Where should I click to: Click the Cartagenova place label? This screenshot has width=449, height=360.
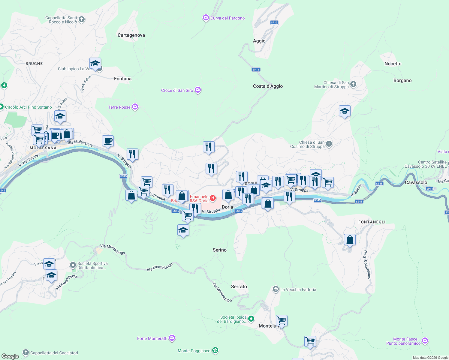pyautogui.click(x=131, y=35)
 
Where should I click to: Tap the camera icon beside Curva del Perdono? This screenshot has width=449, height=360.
pyautogui.click(x=206, y=18)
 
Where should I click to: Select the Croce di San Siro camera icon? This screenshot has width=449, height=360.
pyautogui.click(x=197, y=90)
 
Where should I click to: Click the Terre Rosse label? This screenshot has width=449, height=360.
pyautogui.click(x=119, y=107)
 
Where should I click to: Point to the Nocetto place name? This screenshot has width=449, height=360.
pyautogui.click(x=393, y=64)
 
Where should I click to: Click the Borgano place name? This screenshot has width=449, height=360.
pyautogui.click(x=402, y=80)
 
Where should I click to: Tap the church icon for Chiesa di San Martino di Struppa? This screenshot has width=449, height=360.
pyautogui.click(x=353, y=84)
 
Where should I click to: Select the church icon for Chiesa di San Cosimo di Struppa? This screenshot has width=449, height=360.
pyautogui.click(x=329, y=144)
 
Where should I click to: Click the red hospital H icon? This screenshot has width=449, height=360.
pyautogui.click(x=212, y=198)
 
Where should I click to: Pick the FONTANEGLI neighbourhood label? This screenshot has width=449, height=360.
pyautogui.click(x=372, y=222)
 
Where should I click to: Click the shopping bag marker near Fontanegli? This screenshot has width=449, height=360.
pyautogui.click(x=350, y=240)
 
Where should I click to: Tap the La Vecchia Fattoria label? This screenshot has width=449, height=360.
pyautogui.click(x=298, y=289)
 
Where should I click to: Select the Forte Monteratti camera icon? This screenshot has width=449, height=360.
pyautogui.click(x=172, y=338)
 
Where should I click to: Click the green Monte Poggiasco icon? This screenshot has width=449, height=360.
pyautogui.click(x=215, y=350)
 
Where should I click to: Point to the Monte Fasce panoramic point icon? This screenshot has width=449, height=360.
pyautogui.click(x=425, y=341)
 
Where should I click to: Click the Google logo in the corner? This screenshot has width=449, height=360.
pyautogui.click(x=10, y=356)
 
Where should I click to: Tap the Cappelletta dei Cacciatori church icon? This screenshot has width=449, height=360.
pyautogui.click(x=26, y=352)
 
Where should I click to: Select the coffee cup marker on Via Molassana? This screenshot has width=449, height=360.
pyautogui.click(x=108, y=141)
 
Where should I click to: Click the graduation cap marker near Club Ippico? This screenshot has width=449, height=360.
pyautogui.click(x=95, y=64)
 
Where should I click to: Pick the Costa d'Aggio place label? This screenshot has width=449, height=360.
pyautogui.click(x=268, y=86)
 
